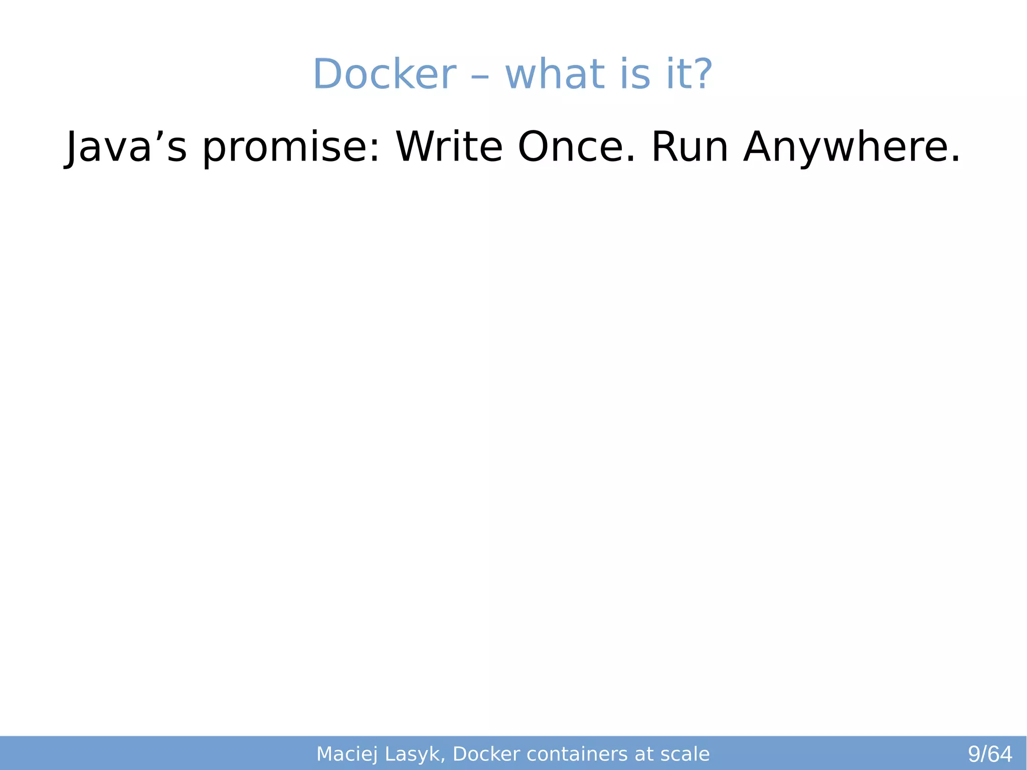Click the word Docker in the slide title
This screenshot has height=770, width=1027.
click(x=384, y=74)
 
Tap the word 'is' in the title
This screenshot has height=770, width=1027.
click(x=635, y=74)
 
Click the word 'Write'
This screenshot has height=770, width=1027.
click(x=448, y=147)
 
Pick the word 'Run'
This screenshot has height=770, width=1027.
click(x=690, y=147)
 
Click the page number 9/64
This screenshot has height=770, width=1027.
click(x=989, y=754)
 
